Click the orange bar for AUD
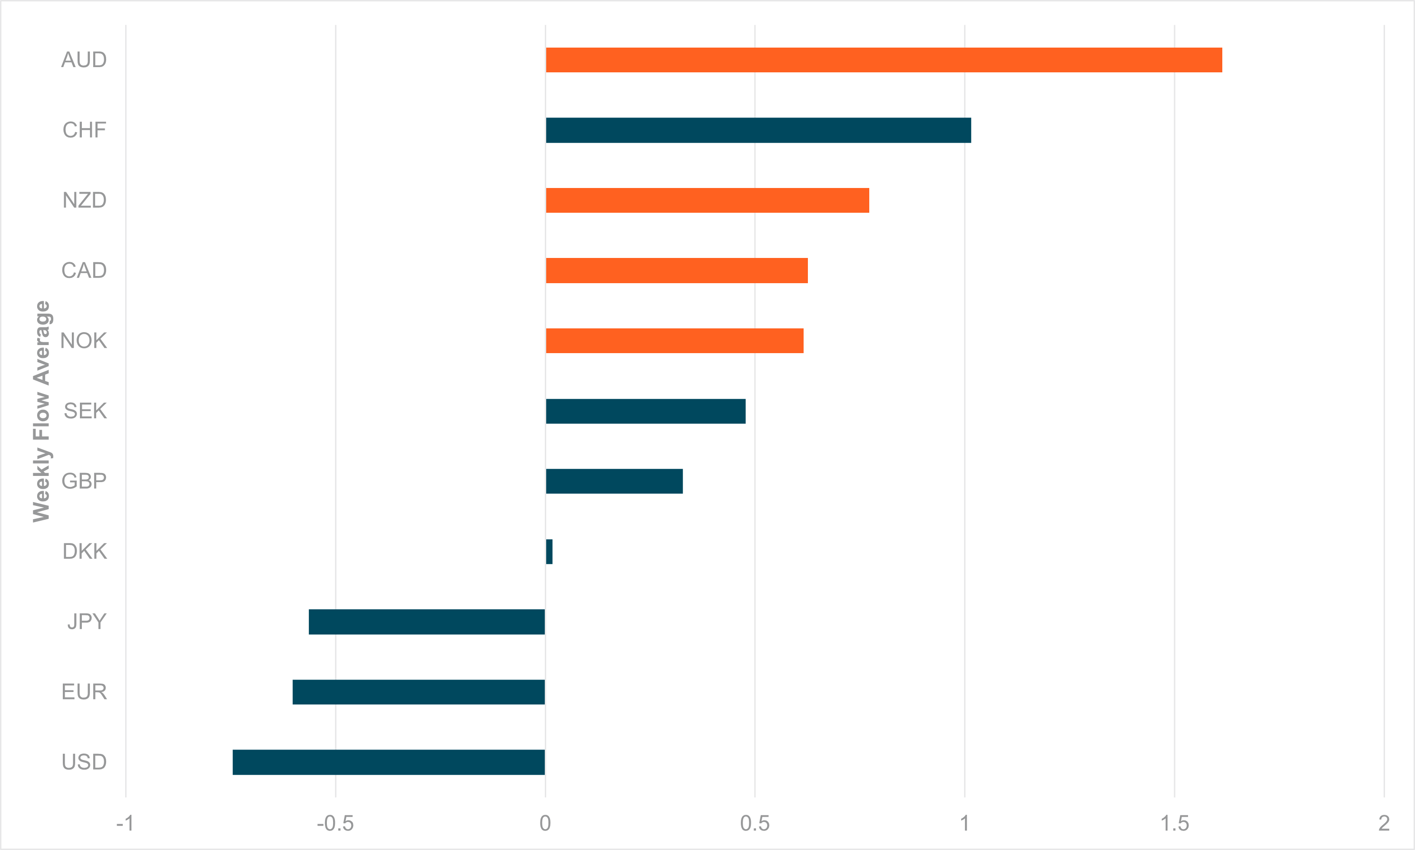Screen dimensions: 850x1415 tap(884, 60)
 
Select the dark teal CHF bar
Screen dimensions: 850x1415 tap(758, 130)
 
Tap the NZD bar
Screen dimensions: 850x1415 tap(707, 200)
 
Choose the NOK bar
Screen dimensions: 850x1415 tap(675, 341)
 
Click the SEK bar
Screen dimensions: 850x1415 tap(645, 411)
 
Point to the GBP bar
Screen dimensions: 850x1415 tap(614, 481)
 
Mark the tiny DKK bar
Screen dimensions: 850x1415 tap(549, 552)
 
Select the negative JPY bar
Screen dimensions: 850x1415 tap(427, 622)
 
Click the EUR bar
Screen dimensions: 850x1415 tap(419, 692)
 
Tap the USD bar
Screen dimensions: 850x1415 tap(389, 762)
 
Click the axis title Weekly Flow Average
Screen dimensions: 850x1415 tap(42, 411)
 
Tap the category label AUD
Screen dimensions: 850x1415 tap(84, 60)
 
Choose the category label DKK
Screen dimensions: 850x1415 tap(85, 552)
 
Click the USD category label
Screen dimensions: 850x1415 tap(84, 762)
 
